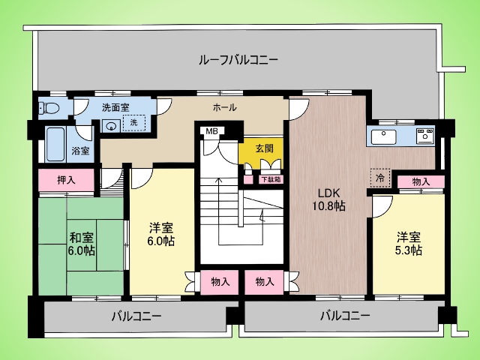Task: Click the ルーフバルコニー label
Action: click(x=238, y=60)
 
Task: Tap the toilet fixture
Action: click(x=49, y=107)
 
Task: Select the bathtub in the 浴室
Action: click(x=55, y=144)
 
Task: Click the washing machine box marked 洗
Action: click(x=133, y=123)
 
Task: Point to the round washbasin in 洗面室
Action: click(x=110, y=125)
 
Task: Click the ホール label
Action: click(x=225, y=107)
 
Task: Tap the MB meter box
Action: click(x=211, y=131)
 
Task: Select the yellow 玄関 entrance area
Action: click(x=260, y=152)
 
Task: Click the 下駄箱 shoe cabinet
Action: click(x=271, y=179)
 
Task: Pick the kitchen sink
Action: click(x=383, y=136)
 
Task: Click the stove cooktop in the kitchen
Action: click(x=425, y=136)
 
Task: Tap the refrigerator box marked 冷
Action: click(x=380, y=178)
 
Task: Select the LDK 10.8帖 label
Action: click(x=328, y=199)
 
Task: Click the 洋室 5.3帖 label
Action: click(x=409, y=244)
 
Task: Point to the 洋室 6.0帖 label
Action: click(x=161, y=234)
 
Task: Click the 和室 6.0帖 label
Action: click(x=82, y=244)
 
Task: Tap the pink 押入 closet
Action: click(x=67, y=180)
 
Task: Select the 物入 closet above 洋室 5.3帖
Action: click(x=421, y=182)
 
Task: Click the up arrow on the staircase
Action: click(x=219, y=211)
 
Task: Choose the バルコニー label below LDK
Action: click(x=345, y=315)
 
